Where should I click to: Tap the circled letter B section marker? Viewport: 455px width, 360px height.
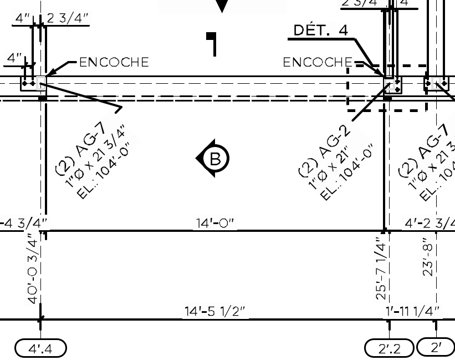tap(213, 159)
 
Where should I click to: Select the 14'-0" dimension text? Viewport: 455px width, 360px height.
tap(216, 223)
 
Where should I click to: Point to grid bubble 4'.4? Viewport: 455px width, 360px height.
tap(40, 348)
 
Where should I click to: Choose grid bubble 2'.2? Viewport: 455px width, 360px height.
tap(389, 348)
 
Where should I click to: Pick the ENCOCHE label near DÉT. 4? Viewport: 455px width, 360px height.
tap(318, 62)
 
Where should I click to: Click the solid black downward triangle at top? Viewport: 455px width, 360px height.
tap(222, 6)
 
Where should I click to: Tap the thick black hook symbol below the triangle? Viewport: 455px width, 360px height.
tap(212, 43)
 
